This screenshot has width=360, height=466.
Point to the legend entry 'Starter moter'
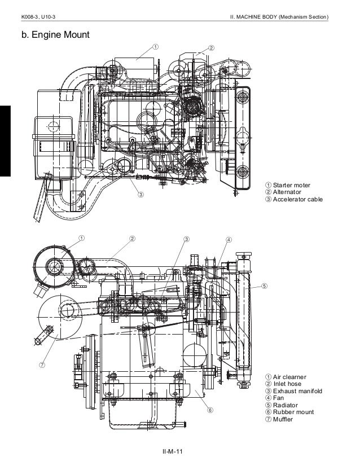291,185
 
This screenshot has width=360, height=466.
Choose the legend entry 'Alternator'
288,192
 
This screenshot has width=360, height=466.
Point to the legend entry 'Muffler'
283,419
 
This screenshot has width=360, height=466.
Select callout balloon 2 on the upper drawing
210,47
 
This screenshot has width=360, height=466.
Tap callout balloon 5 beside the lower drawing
264,285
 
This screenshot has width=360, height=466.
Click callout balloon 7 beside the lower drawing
41,364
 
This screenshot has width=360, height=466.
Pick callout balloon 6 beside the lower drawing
209,410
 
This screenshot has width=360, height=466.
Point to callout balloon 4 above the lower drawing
229,239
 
